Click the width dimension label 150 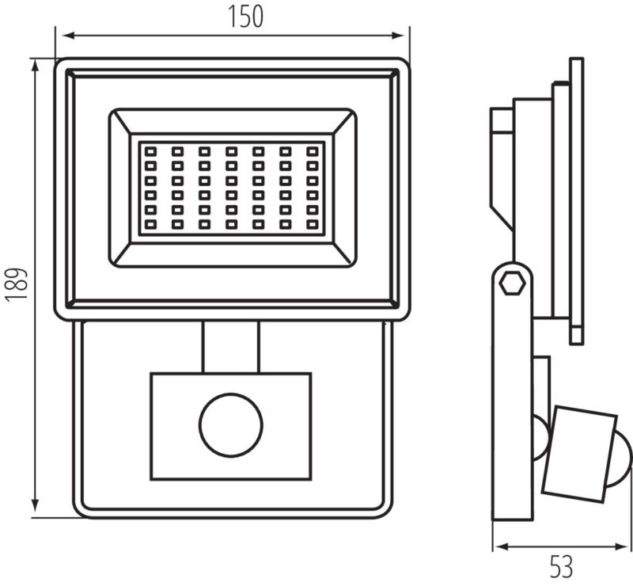click(x=246, y=16)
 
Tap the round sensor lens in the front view click(x=230, y=425)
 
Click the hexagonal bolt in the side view click(x=512, y=282)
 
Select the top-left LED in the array click(x=150, y=150)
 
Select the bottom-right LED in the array click(x=312, y=226)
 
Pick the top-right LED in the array click(x=312, y=150)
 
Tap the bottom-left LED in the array click(x=150, y=226)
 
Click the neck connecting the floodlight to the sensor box click(x=230, y=347)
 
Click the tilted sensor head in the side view click(x=582, y=452)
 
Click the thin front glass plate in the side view click(x=576, y=198)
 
